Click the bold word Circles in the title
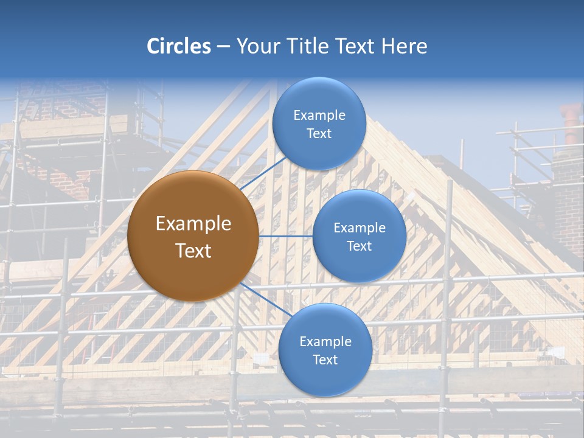pyautogui.click(x=179, y=46)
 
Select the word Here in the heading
pyautogui.click(x=404, y=46)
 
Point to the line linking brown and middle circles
pyautogui.click(x=285, y=236)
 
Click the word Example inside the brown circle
pyautogui.click(x=193, y=224)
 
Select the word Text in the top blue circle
pyautogui.click(x=319, y=134)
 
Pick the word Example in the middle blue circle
pyautogui.click(x=360, y=228)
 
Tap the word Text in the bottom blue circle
pyautogui.click(x=325, y=360)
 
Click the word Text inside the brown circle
pyautogui.click(x=193, y=251)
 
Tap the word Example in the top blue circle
pyautogui.click(x=319, y=116)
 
